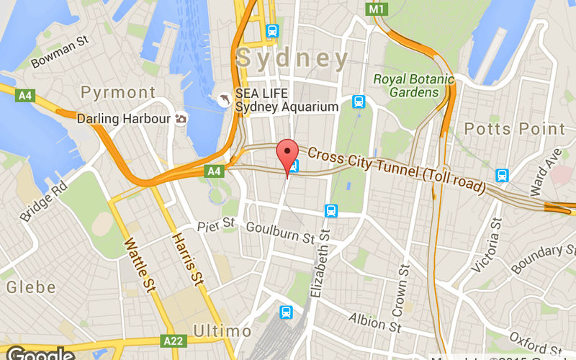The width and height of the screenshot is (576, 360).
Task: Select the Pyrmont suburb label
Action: click(x=118, y=92)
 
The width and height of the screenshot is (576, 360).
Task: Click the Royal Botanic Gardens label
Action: click(x=414, y=86)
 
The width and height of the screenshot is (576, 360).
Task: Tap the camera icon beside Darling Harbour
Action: click(x=181, y=118)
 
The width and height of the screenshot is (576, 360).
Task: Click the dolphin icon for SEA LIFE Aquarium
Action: click(x=225, y=99)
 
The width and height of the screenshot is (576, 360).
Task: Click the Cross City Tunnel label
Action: click(x=396, y=168)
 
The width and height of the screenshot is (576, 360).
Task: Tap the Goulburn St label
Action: click(x=280, y=232)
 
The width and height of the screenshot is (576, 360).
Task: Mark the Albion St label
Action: click(x=374, y=322)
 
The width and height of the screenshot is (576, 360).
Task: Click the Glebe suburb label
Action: click(x=31, y=288)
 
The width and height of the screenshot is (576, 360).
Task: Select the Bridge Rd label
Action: click(x=44, y=202)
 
